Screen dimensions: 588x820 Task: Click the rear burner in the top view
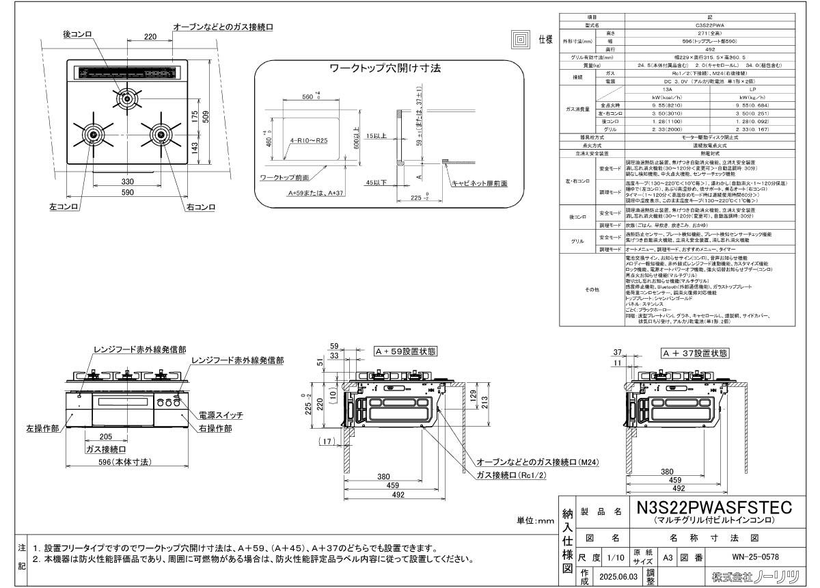(x=126, y=99)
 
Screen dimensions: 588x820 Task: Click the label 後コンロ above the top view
(x=78, y=35)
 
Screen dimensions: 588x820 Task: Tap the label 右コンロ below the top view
(x=201, y=206)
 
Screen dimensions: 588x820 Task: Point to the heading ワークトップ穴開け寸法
(x=385, y=68)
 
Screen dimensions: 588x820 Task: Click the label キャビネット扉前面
(x=479, y=184)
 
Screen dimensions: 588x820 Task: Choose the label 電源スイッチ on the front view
(x=220, y=415)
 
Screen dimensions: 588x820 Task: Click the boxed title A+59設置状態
(x=405, y=351)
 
